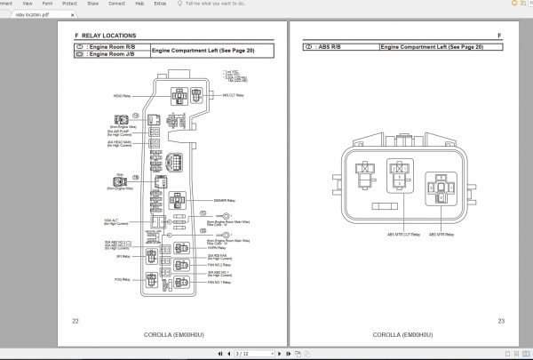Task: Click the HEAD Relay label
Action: click(x=122, y=95)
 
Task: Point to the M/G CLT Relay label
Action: click(x=234, y=94)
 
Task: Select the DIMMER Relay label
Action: click(x=225, y=201)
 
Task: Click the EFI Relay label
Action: click(x=123, y=256)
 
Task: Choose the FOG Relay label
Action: click(x=123, y=280)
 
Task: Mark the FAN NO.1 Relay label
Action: click(x=219, y=282)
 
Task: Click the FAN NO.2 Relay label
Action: click(x=219, y=265)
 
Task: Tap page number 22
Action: click(x=76, y=320)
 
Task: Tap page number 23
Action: click(x=501, y=320)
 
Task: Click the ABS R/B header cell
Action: click(x=340, y=46)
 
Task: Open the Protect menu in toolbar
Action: click(x=69, y=4)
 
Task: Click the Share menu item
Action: click(x=92, y=4)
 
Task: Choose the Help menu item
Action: click(x=139, y=4)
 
